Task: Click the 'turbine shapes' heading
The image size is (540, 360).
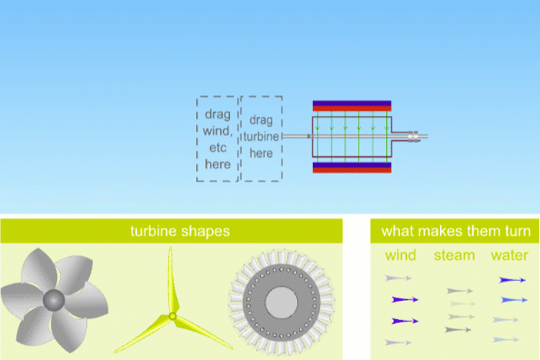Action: (x=171, y=231)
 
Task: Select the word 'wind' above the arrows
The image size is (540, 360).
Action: (x=401, y=255)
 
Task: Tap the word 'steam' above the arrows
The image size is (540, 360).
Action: (x=454, y=255)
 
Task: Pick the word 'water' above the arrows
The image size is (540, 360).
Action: (x=509, y=255)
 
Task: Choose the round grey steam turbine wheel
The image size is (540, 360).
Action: (x=281, y=303)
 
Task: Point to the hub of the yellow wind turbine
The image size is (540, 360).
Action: (x=172, y=315)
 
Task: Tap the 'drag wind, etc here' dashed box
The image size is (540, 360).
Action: (x=217, y=139)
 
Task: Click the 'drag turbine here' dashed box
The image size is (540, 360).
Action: (x=261, y=139)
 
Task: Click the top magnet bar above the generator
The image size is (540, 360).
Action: (x=351, y=106)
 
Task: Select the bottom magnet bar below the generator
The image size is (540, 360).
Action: (x=351, y=168)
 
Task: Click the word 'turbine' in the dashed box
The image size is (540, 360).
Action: (x=261, y=136)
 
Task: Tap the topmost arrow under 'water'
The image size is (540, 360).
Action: (x=513, y=279)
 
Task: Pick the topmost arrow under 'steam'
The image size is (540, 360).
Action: (x=460, y=291)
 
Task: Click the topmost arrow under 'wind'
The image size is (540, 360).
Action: (x=398, y=277)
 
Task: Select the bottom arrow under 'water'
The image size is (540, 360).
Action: (x=505, y=339)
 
